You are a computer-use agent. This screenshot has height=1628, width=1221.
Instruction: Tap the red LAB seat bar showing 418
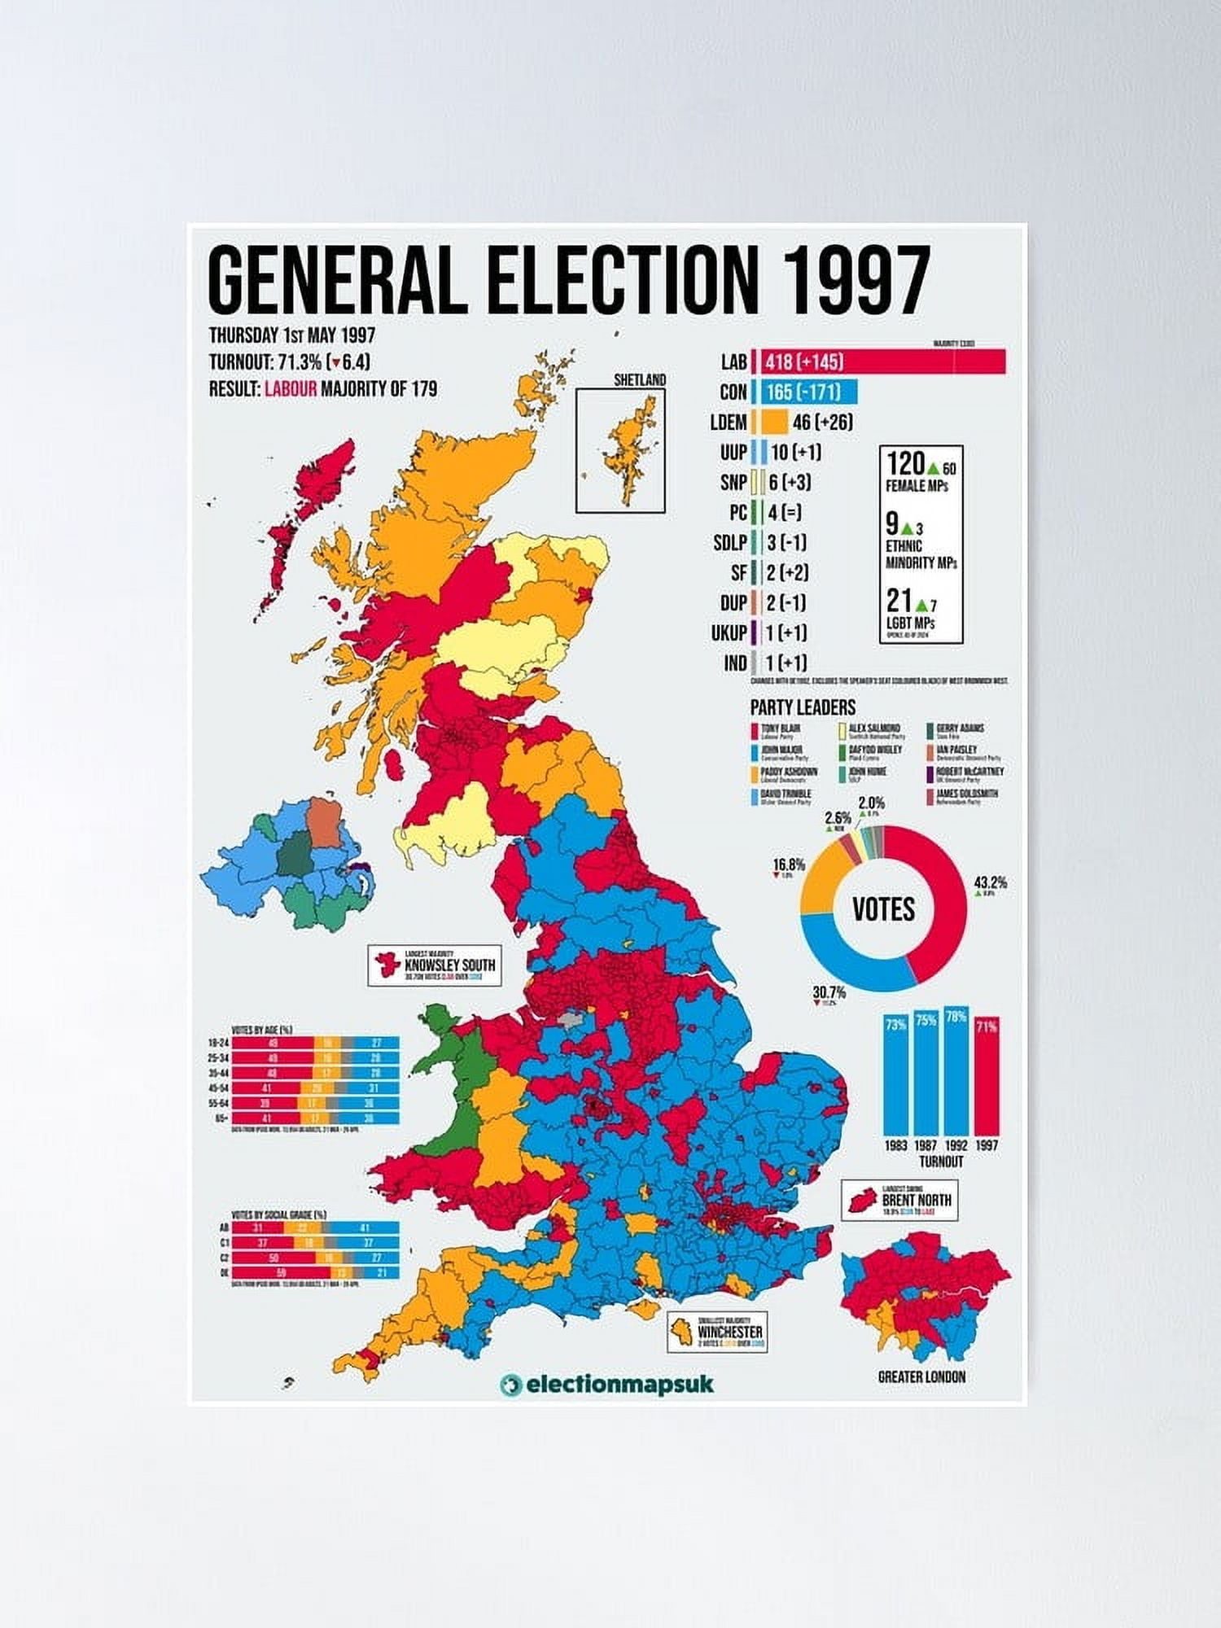click(879, 361)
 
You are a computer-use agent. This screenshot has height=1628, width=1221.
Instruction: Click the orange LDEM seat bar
click(770, 422)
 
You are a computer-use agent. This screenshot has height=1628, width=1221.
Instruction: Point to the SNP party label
click(733, 483)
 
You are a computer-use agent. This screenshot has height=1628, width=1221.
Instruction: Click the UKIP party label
click(729, 632)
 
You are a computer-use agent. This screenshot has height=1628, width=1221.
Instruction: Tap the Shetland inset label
click(640, 379)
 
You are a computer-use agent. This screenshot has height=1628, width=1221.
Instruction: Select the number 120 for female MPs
click(905, 464)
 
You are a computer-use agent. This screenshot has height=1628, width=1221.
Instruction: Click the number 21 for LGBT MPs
click(899, 601)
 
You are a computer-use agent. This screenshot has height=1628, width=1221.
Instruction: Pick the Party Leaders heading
click(803, 707)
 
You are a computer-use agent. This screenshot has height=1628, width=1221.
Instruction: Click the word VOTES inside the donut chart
click(884, 908)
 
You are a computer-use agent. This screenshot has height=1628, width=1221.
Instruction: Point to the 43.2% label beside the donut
click(991, 882)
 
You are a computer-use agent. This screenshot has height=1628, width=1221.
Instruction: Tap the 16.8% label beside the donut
click(789, 864)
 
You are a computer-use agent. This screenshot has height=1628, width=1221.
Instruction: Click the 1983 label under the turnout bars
click(895, 1145)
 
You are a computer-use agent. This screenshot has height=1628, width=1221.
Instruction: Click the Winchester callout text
click(730, 1332)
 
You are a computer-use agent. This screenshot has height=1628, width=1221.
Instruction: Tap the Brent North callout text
click(916, 1200)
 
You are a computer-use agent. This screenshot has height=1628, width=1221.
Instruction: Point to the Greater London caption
click(921, 1376)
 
